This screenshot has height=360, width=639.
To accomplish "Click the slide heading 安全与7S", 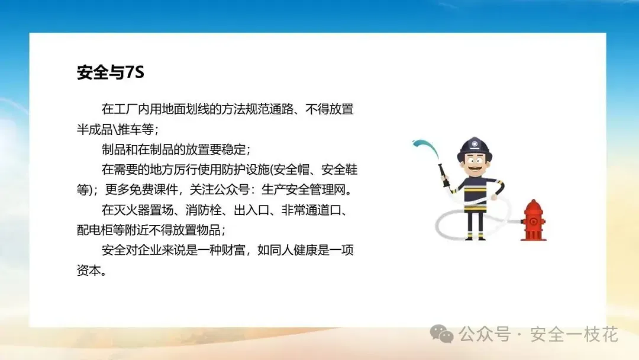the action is [x=111, y=72].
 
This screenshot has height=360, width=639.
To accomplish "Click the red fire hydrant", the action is [x=534, y=221].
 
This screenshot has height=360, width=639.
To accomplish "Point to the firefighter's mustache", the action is [x=475, y=167].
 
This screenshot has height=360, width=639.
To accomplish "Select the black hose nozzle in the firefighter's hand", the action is [x=444, y=175].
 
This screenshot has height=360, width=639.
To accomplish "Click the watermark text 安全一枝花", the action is [x=574, y=335].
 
